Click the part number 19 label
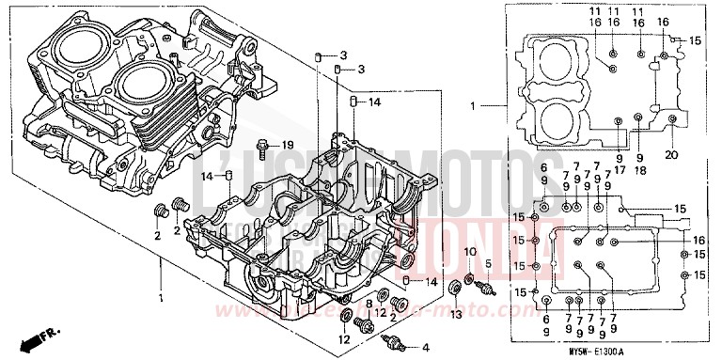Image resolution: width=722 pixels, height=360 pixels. point(289,144)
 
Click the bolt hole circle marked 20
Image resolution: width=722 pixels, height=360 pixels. point(670,119)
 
